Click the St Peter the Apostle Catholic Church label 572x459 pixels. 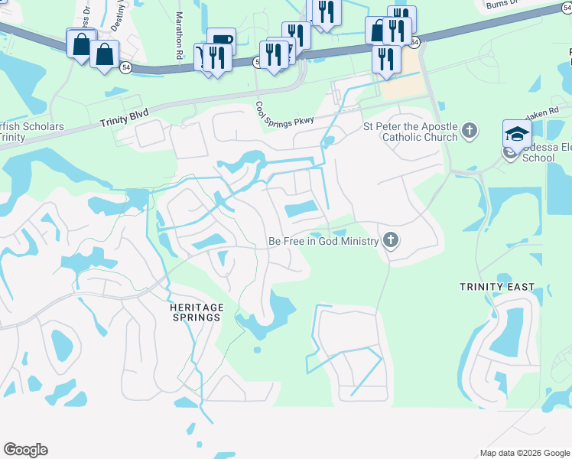(x=410, y=132)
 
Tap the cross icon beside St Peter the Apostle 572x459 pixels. (x=470, y=132)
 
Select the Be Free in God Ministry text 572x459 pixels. (x=323, y=242)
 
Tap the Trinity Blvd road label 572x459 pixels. (x=124, y=117)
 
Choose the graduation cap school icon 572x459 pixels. (x=517, y=135)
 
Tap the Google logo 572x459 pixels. (x=25, y=450)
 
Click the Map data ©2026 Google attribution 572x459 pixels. (x=525, y=453)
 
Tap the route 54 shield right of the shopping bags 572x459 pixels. (x=125, y=69)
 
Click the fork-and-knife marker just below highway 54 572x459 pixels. (x=387, y=60)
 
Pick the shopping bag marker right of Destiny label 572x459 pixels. (x=105, y=54)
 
